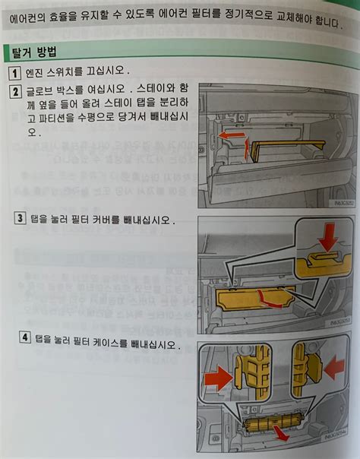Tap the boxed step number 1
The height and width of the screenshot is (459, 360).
(x=14, y=73)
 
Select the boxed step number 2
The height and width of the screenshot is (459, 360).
(x=15, y=93)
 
